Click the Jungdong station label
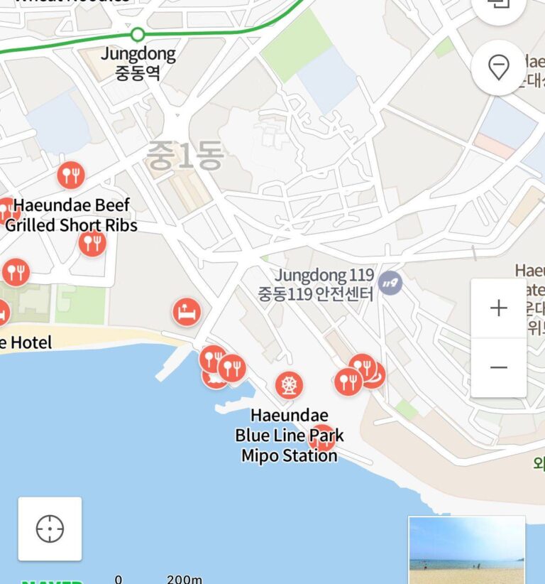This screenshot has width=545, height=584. click(x=138, y=54)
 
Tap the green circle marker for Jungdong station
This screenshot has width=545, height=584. click(x=138, y=33)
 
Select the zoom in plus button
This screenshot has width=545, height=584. click(x=499, y=308)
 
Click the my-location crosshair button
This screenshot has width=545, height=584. click(x=50, y=529)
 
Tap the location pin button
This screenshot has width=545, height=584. click(x=500, y=68)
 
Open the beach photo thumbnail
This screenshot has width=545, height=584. click(x=466, y=550)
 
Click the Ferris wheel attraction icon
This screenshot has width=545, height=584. click(x=289, y=385)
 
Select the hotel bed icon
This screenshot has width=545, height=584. click(x=187, y=311)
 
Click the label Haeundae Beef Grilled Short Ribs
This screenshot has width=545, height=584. click(x=71, y=215)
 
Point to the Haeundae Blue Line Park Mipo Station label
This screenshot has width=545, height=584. click(x=289, y=435)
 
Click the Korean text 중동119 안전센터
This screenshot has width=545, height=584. click(x=315, y=293)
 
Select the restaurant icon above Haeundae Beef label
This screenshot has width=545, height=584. click(x=70, y=174)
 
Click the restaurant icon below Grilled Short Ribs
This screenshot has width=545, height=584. click(x=92, y=244)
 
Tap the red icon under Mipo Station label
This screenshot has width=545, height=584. click(x=322, y=438)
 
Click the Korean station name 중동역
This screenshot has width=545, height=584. click(x=138, y=72)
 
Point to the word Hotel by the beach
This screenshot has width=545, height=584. click(x=31, y=343)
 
